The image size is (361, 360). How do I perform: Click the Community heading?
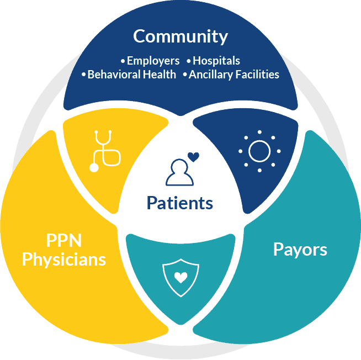tap(180, 36)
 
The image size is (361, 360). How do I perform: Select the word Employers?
tap(153, 61)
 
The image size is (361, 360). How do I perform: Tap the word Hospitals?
tap(216, 61)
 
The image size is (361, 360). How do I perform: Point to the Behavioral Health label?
tap(132, 75)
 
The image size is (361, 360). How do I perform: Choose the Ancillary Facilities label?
tap(234, 75)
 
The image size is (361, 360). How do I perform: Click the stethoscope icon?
tap(105, 151)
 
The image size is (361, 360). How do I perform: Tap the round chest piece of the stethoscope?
tap(94, 168)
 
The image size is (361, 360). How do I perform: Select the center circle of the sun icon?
tap(259, 151)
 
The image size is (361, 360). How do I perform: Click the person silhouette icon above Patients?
tap(179, 172)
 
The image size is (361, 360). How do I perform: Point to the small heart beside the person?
tap(193, 157)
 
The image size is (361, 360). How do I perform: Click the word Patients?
tap(180, 203)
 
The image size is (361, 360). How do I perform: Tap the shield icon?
tap(180, 278)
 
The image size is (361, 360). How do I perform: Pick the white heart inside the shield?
tap(180, 277)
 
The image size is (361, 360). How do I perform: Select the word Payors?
tap(300, 250)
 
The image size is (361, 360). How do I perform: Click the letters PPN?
tap(64, 241)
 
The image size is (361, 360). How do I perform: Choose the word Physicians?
tap(64, 260)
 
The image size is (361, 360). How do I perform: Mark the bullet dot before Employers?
tap(123, 61)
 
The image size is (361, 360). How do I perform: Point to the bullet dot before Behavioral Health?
tap(83, 75)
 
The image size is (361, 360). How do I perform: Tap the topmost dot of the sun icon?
tap(259, 132)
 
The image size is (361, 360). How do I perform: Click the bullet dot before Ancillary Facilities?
tap(185, 75)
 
